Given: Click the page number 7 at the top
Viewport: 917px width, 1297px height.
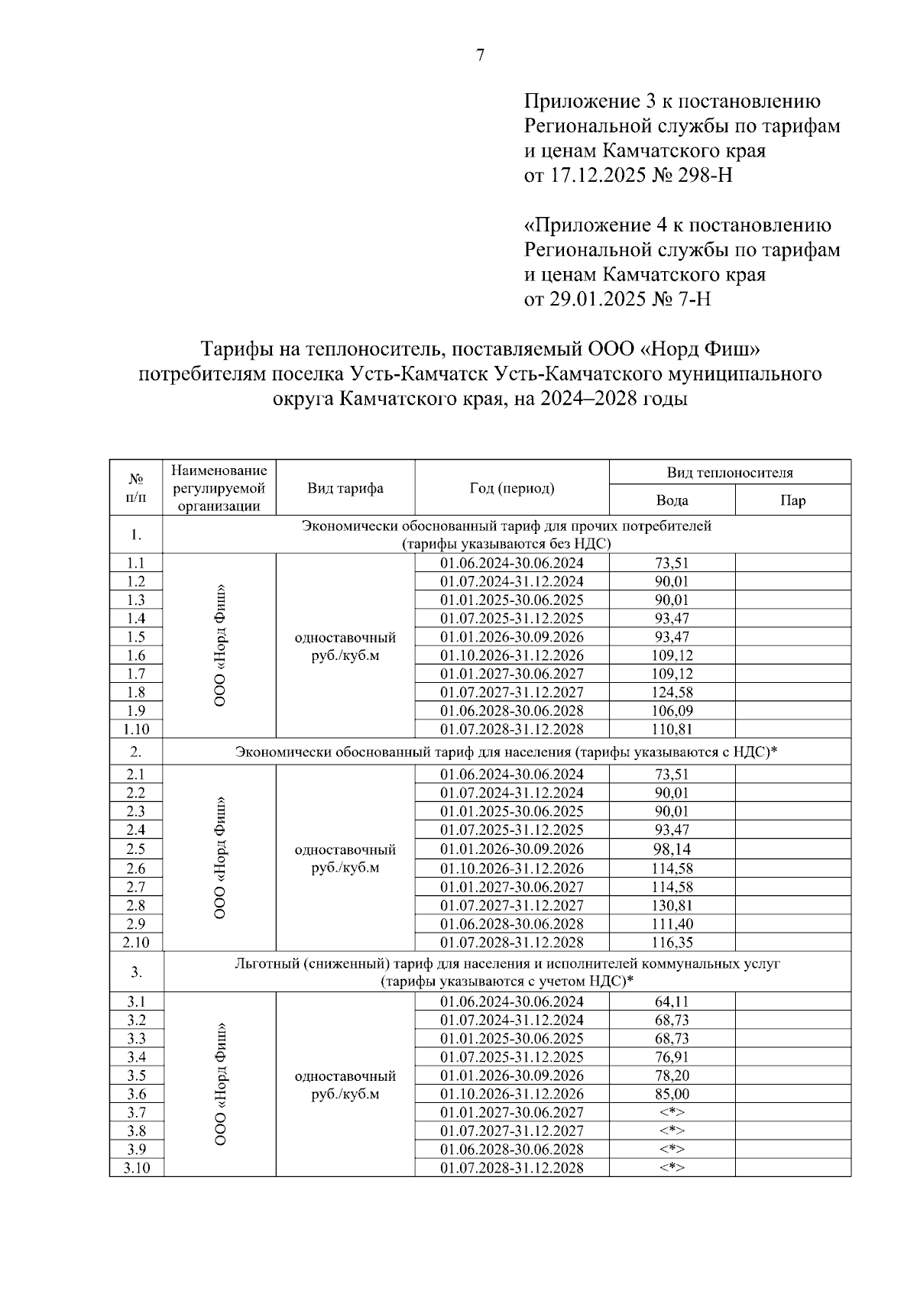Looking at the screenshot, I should tap(480, 55).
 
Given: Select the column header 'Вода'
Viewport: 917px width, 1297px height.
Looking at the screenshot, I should tap(672, 500).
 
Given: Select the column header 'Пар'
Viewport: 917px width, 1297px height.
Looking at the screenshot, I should tap(792, 500).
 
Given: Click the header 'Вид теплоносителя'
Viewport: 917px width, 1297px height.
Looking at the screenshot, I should tap(730, 473).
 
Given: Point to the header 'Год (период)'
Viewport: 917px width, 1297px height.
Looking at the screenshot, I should tap(511, 488).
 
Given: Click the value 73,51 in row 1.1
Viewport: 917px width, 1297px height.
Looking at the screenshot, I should tap(672, 563).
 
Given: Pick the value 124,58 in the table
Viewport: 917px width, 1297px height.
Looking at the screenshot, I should tap(672, 692).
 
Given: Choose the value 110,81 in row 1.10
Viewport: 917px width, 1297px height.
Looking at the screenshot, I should tap(672, 729).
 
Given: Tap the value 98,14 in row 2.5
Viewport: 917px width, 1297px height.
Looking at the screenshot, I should tap(672, 849).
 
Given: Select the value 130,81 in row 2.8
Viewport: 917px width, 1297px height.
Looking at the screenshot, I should tap(672, 905).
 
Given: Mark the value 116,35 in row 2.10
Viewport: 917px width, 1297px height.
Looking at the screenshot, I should tap(672, 943).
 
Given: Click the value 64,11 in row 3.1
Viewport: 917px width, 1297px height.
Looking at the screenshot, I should tap(672, 1001).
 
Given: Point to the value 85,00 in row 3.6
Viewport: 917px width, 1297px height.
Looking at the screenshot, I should tap(672, 1094).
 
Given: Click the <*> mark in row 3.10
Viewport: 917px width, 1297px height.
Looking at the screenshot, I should tap(672, 1168).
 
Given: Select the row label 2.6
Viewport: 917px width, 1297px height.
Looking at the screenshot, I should tap(136, 868).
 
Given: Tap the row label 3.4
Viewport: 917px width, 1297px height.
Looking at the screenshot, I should tap(136, 1057).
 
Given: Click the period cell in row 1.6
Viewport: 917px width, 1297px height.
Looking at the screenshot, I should tap(511, 655).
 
